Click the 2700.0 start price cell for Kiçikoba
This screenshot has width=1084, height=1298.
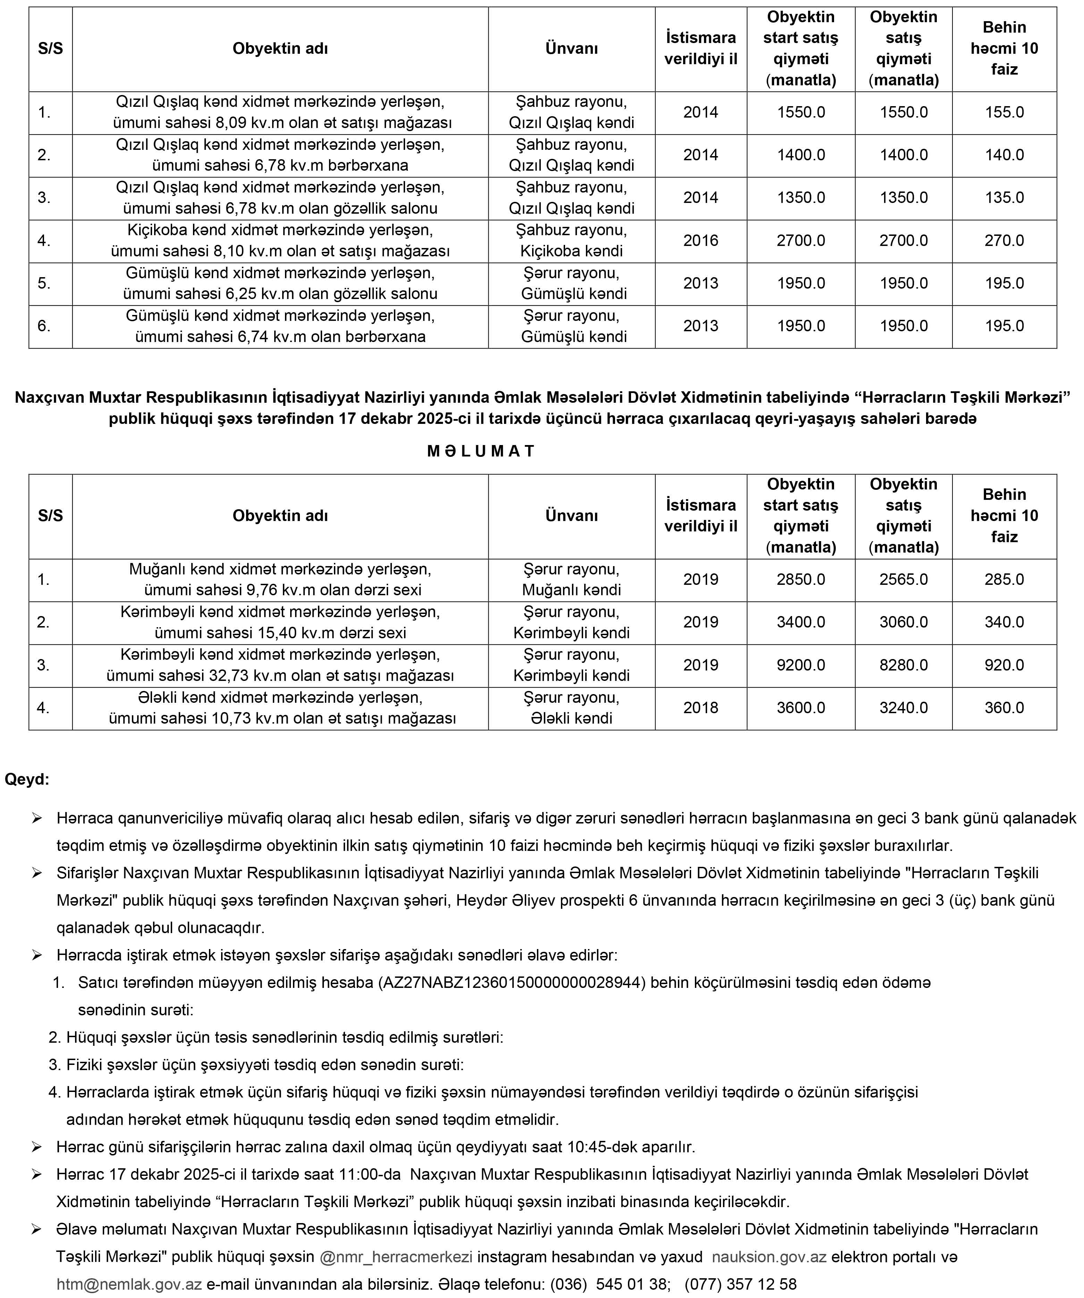tap(801, 240)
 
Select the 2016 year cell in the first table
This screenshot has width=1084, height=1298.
tap(700, 240)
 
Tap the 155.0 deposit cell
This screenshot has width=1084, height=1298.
tap(1004, 112)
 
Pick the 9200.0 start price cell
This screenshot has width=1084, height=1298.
tap(801, 665)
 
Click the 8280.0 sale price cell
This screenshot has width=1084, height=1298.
tap(904, 665)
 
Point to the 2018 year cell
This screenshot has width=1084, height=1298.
tap(700, 708)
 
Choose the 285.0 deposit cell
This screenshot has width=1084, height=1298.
tap(1004, 579)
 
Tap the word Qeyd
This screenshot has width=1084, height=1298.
tap(27, 779)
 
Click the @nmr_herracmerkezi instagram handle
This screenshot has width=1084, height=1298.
tap(396, 1257)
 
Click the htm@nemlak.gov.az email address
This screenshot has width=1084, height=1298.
tap(129, 1284)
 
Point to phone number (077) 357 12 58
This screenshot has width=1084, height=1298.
tap(740, 1284)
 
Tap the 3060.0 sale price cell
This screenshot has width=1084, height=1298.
tap(904, 622)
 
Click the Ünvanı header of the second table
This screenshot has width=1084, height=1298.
tap(571, 515)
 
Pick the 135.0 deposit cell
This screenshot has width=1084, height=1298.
tap(1004, 198)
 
